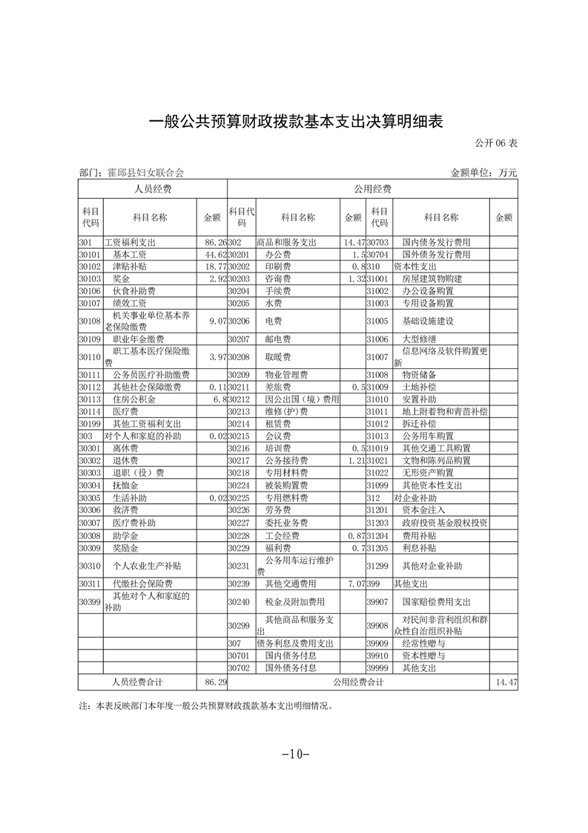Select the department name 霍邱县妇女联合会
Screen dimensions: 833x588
(140, 172)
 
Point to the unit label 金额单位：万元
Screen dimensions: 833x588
(483, 172)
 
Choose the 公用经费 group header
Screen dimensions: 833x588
(372, 189)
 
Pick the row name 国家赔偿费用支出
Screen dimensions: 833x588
(436, 601)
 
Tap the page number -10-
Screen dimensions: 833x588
(294, 754)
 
